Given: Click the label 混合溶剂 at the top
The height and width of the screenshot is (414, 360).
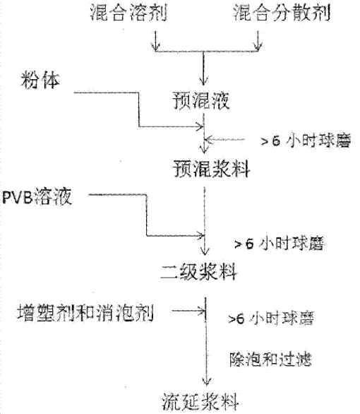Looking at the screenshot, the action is coord(128,13).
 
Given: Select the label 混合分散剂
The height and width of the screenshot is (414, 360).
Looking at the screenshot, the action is coord(282,13).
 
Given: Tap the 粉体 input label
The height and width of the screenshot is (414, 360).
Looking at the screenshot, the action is coord(40,80).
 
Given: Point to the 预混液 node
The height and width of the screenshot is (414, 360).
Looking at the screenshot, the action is coord(201,100).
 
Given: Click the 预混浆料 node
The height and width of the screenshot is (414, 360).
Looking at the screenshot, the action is coord(211,169).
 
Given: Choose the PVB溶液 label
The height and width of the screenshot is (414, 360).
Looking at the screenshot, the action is coord(37,196).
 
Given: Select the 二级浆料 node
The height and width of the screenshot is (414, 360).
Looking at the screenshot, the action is coord(199,272).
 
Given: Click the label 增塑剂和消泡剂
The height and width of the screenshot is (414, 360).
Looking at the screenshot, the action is coord(85,313).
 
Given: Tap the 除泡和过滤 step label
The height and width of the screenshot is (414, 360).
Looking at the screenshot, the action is coord(270,360).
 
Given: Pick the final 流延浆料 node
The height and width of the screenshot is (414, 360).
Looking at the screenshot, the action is coord(200,403).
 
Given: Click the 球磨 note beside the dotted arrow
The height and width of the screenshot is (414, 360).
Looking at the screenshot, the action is coord(306,141).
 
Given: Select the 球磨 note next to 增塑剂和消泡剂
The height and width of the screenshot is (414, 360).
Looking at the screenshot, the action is coord(271,319).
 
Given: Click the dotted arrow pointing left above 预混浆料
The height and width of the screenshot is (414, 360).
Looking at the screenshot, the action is coord(224,139).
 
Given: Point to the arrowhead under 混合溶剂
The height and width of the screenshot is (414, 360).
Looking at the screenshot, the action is coord(155,47).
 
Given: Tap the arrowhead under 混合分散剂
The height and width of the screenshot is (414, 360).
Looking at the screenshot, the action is coord(258,47).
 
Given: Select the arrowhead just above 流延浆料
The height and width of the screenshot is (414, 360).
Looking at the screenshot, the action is coord(206,382).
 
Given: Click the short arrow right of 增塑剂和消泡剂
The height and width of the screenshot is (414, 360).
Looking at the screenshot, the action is coord(188,311).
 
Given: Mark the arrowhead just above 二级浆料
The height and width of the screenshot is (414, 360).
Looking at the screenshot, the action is coord(205,250).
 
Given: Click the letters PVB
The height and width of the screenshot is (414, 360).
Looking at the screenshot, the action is coord(18,197).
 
